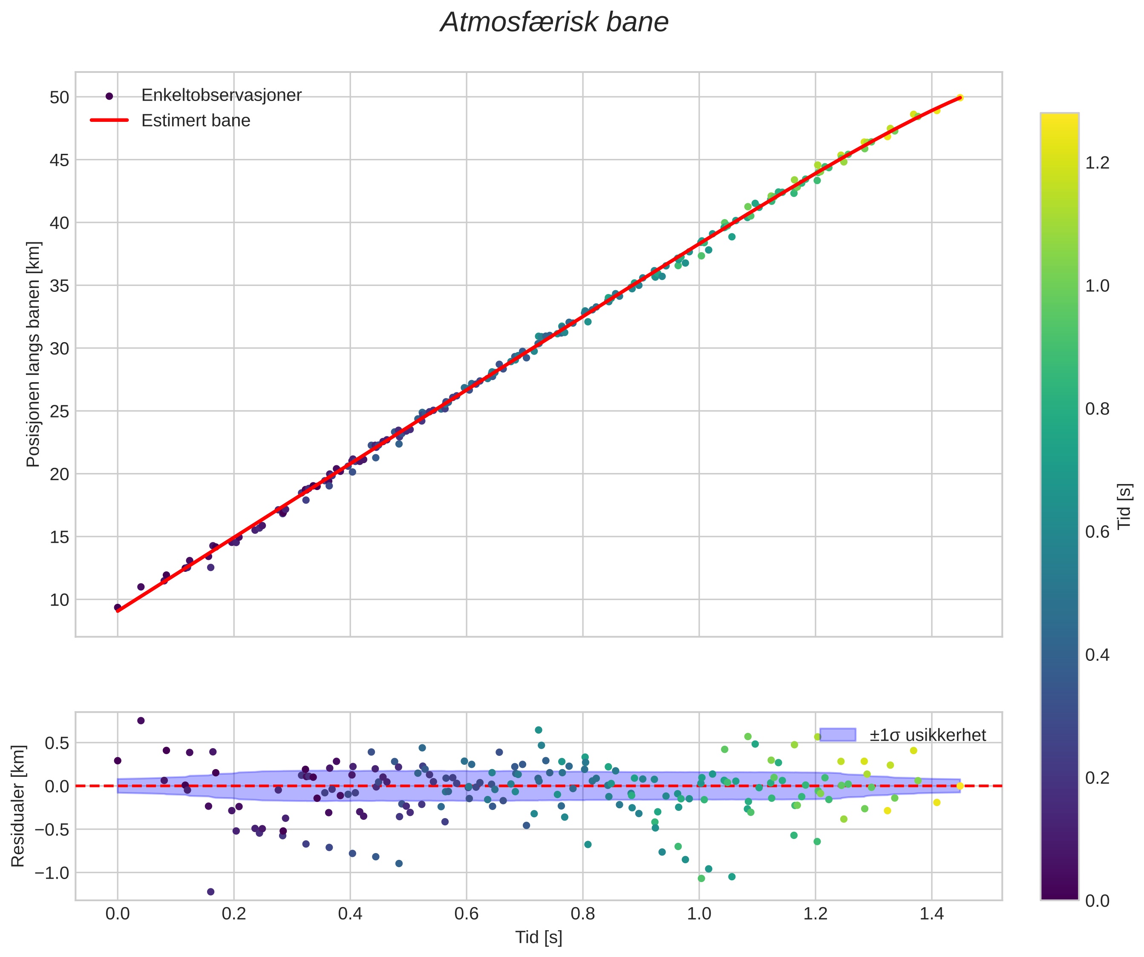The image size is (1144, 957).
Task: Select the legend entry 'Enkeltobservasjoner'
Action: tap(221, 95)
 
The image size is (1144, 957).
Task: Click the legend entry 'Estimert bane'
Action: tap(196, 121)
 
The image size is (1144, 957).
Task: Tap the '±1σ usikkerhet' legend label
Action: tap(927, 735)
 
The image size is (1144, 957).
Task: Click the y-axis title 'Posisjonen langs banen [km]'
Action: tap(33, 354)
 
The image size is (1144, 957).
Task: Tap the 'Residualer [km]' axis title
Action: tap(18, 806)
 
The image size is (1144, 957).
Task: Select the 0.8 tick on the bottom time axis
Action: tap(582, 914)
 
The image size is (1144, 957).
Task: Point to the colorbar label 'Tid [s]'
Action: tap(1124, 506)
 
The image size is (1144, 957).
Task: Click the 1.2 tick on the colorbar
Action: tap(1097, 163)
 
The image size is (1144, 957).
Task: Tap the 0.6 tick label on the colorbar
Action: tap(1097, 532)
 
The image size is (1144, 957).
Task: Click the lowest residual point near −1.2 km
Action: tap(211, 892)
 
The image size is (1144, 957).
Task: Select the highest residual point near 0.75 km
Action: tap(141, 721)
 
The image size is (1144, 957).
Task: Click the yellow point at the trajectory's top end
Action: tap(960, 98)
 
